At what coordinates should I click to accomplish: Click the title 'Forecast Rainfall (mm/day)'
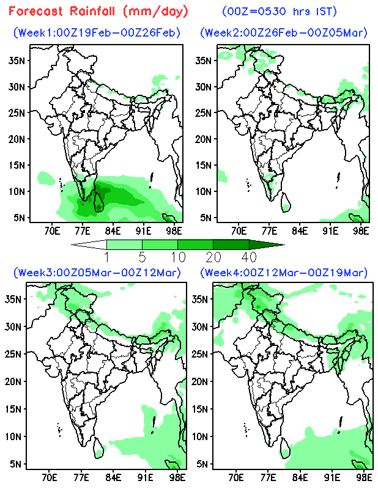point(98,11)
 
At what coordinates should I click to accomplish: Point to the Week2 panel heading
point(284,32)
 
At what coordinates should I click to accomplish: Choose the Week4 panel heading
point(284,272)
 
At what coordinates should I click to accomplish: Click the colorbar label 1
point(106,256)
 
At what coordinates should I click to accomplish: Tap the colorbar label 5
point(142,256)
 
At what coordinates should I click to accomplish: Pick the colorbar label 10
point(177,256)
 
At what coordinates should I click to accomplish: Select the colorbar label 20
point(213,256)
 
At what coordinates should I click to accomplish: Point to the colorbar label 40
point(249,256)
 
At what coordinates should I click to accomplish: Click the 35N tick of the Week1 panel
point(17,60)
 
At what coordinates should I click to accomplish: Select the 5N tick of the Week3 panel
point(17,464)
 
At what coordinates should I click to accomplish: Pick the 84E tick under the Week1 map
point(112,231)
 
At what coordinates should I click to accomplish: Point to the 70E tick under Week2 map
point(239,231)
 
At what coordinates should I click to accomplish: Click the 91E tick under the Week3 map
point(145,477)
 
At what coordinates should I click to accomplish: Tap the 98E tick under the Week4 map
point(364,477)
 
